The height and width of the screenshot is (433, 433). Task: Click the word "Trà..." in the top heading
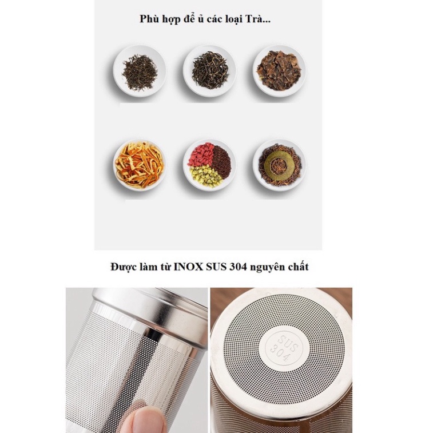(258, 19)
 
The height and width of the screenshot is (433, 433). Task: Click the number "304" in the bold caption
(238, 267)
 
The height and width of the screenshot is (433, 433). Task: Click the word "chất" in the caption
(297, 267)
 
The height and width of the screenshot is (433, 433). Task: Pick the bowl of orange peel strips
(140, 165)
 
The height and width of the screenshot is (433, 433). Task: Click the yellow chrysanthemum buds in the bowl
(206, 176)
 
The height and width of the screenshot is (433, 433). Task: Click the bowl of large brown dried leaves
(280, 71)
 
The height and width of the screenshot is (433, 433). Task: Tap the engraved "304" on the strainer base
(280, 353)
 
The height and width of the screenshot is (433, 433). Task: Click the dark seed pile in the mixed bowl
(221, 161)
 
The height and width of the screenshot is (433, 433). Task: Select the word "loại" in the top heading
(232, 19)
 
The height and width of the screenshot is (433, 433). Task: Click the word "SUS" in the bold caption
(216, 267)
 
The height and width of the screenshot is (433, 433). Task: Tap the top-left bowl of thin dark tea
(140, 71)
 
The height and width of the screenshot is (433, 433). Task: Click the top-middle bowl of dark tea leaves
(209, 71)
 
